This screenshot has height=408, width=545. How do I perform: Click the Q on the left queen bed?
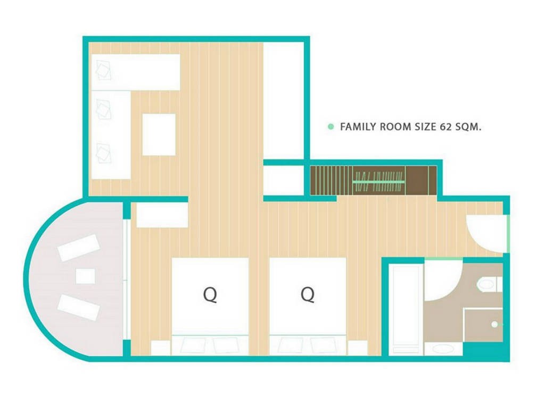[210, 295]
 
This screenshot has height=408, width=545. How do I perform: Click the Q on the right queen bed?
[308, 294]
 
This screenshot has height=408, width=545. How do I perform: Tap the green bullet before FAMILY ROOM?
[331, 126]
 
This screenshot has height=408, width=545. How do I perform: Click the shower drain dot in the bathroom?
[494, 325]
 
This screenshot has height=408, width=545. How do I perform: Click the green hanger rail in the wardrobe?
[379, 182]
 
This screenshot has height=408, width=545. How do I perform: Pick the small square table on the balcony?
[85, 276]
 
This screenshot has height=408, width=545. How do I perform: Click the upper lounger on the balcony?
[79, 248]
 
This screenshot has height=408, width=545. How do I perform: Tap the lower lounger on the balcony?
[79, 308]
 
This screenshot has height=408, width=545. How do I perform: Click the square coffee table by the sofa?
[159, 134]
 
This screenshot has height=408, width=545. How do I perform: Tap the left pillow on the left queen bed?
[193, 345]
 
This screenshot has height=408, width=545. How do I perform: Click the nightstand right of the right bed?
[358, 347]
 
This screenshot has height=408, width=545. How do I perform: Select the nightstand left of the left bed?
[160, 347]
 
